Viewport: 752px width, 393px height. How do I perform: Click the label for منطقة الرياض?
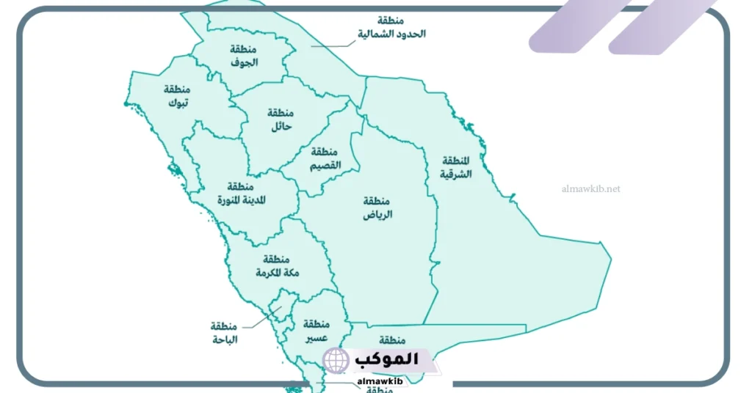[x=377, y=208]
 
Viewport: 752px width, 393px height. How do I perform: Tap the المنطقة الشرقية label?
[x=455, y=168]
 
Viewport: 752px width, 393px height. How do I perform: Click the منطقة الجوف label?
[x=244, y=56]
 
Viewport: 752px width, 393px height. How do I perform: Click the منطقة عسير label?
[x=315, y=331]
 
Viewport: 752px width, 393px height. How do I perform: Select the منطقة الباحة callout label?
[x=224, y=332]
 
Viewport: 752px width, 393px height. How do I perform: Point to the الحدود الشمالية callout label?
[x=391, y=28]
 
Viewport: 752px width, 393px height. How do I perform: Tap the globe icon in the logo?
[x=336, y=361]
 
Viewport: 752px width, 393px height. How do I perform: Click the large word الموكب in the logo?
[x=386, y=359]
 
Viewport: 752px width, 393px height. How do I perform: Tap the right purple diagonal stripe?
[x=661, y=26]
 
